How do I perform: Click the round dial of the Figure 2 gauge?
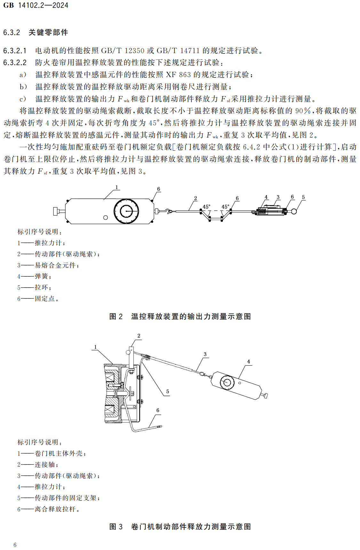click(126, 211)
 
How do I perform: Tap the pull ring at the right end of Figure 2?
click(294, 211)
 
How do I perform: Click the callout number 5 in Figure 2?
click(303, 197)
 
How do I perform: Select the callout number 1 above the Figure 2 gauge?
click(116, 187)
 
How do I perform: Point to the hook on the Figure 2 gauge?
click(168, 211)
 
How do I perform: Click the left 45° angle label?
click(206, 207)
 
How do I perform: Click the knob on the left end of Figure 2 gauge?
click(57, 211)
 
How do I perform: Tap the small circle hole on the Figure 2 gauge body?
click(106, 218)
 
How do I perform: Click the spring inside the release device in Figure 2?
click(262, 211)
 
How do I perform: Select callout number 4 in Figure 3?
click(248, 362)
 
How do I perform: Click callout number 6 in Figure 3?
click(158, 410)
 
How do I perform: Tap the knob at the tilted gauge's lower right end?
click(265, 396)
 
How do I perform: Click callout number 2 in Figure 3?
click(139, 336)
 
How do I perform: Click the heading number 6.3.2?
click(12, 32)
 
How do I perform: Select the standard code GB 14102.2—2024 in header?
click(36, 5)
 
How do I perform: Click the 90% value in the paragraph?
click(303, 111)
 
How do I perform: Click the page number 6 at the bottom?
click(15, 545)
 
